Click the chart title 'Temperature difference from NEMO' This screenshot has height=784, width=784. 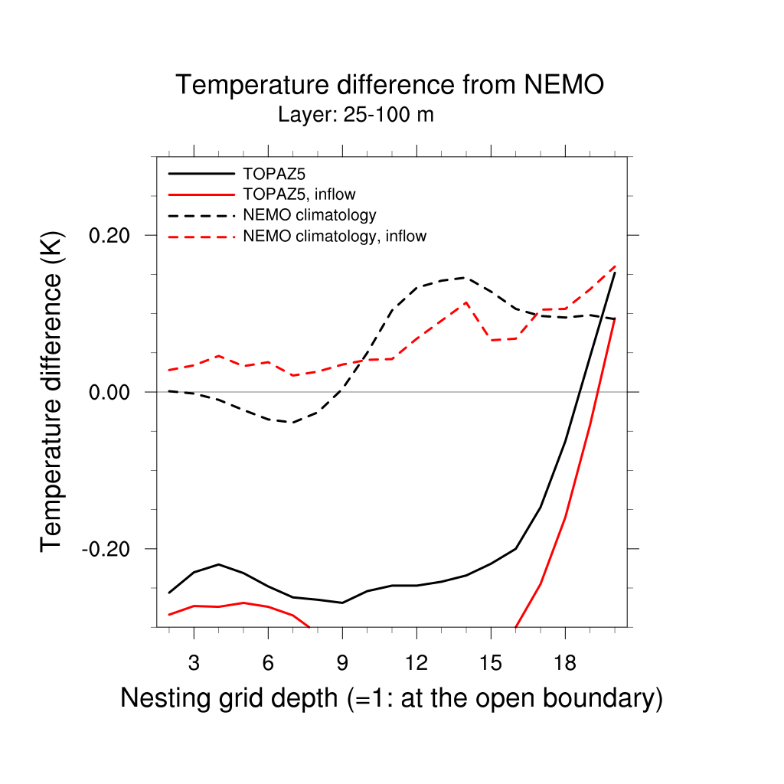click(x=390, y=85)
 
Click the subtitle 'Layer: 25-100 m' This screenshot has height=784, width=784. click(x=356, y=116)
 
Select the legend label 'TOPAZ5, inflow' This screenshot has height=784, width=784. click(x=299, y=194)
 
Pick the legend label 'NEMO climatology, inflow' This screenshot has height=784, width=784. click(x=334, y=236)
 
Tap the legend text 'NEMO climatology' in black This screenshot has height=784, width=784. click(x=309, y=215)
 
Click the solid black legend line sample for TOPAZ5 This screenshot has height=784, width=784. click(x=200, y=174)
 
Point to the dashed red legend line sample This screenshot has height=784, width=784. click(x=200, y=236)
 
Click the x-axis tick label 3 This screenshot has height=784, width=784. click(x=194, y=663)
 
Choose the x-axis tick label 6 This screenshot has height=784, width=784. click(x=268, y=663)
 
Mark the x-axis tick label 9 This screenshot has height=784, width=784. click(x=342, y=663)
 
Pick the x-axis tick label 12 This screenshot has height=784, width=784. click(x=416, y=663)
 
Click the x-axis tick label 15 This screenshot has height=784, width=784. click(x=491, y=663)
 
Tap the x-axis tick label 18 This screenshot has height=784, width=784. click(x=565, y=663)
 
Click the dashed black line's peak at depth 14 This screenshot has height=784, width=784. click(x=465, y=278)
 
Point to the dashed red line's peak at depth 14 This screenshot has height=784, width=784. click(x=465, y=302)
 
